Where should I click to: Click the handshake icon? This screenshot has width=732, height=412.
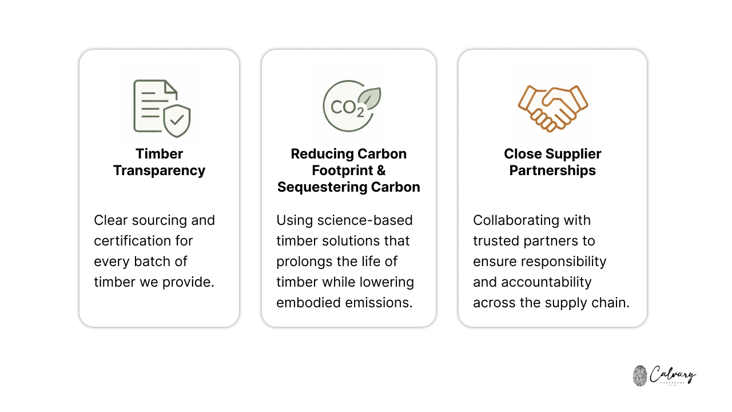[552, 108]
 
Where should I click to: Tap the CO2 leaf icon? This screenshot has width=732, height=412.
[350, 105]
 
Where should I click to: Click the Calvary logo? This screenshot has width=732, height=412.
[665, 375]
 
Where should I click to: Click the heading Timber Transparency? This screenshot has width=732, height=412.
[159, 162]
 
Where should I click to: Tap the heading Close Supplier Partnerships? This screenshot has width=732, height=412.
[552, 162]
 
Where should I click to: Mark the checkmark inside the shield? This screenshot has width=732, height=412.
[177, 120]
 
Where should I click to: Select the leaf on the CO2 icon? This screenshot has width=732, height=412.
[370, 99]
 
